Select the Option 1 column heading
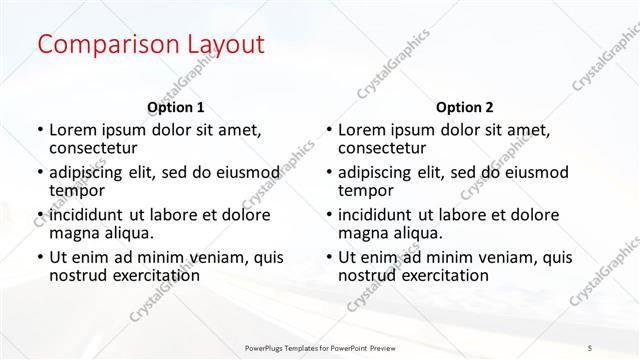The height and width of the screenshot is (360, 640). click(x=175, y=107)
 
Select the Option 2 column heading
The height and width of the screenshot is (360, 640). click(x=465, y=107)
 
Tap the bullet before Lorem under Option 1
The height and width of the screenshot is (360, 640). click(x=39, y=130)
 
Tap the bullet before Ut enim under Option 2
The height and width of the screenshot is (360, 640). click(x=328, y=258)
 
